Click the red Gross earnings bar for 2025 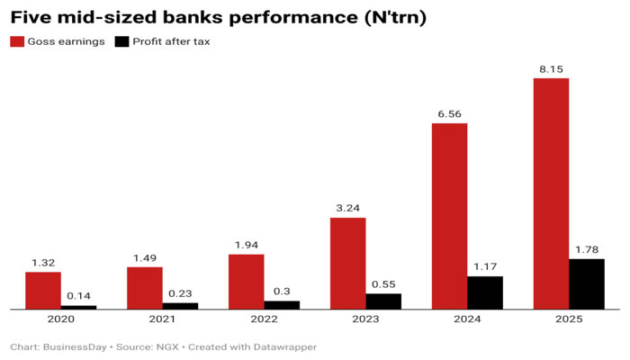click(x=551, y=193)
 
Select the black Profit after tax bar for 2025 click(x=587, y=283)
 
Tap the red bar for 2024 click(x=449, y=216)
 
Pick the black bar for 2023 click(x=383, y=301)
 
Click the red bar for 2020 click(x=43, y=290)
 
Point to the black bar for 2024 click(x=485, y=292)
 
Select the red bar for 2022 click(x=247, y=281)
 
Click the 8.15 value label click(x=551, y=69)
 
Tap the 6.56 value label click(x=449, y=114)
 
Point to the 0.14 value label click(x=78, y=296)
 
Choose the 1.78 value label click(x=587, y=249)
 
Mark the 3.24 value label click(x=347, y=208)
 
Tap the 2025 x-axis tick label click(x=569, y=319)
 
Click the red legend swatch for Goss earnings click(x=16, y=41)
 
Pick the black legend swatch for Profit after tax click(x=122, y=41)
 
